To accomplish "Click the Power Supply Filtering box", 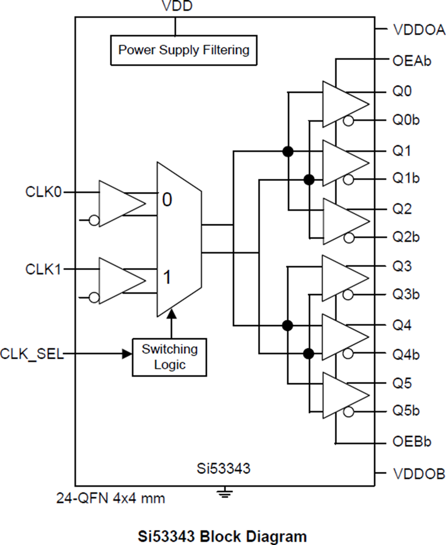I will coord(184,50).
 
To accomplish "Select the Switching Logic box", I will coord(169,357).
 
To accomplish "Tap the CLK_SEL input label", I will coord(32,354).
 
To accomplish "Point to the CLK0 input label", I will coord(44,192).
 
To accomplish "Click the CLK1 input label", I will coord(44,269).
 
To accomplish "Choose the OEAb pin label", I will coord(411,61).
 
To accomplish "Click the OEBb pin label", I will coord(411,441).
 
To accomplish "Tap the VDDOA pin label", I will coord(418,31).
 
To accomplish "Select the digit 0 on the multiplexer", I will coord(167,200).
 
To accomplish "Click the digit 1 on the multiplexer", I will coord(167,277).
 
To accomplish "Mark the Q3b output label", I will coord(406,295).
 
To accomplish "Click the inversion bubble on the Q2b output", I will coord(349,238).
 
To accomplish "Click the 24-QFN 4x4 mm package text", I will coord(110,498).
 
